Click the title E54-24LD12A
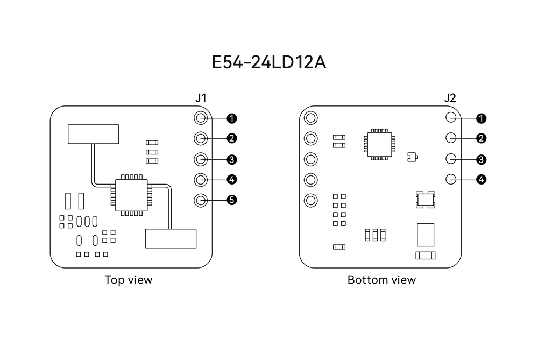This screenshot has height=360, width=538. click(x=268, y=62)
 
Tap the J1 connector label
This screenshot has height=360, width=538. click(x=201, y=98)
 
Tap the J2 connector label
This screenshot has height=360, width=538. click(x=450, y=98)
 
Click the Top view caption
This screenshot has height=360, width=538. click(x=129, y=280)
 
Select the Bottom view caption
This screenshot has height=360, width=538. click(x=381, y=280)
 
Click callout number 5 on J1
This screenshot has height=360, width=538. click(x=232, y=200)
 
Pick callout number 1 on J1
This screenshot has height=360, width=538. click(x=232, y=118)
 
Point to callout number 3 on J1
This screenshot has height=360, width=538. click(x=232, y=159)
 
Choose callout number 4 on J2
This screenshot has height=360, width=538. click(x=482, y=179)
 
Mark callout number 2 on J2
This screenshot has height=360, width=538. click(x=482, y=138)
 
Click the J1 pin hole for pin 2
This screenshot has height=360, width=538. click(x=201, y=138)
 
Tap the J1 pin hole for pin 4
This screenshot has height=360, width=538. click(x=201, y=179)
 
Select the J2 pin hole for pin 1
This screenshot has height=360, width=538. click(x=451, y=118)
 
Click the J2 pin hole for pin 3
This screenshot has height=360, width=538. click(x=451, y=159)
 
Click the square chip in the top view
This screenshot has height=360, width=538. click(x=131, y=195)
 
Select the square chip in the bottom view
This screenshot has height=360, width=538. click(x=380, y=144)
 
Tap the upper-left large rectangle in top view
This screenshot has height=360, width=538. click(x=93, y=134)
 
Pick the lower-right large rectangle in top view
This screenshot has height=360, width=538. click(x=171, y=238)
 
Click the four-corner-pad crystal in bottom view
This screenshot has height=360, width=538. click(x=426, y=200)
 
